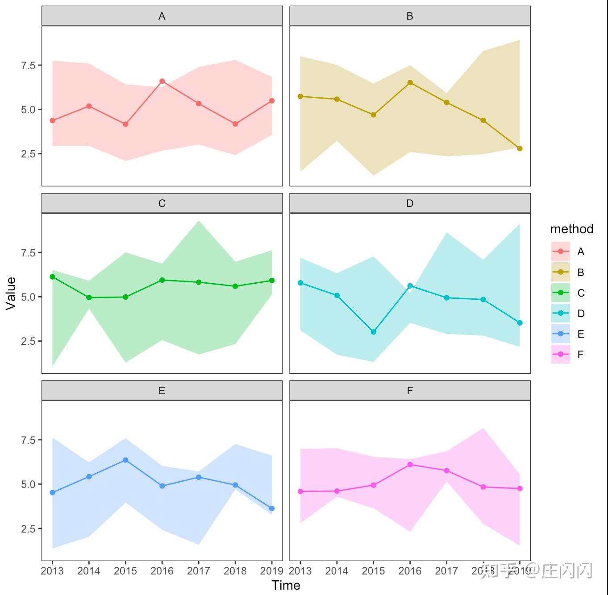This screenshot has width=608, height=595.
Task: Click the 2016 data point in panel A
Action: coord(162,81)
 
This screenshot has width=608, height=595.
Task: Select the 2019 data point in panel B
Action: coord(520,149)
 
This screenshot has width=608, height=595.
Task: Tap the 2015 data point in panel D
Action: coord(374,332)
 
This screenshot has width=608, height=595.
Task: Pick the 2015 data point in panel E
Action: coord(125,460)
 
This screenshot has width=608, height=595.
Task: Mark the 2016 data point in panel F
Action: coord(410,464)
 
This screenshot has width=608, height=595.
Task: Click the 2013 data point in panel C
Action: coord(52,277)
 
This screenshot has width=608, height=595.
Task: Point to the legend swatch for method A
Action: coord(561,252)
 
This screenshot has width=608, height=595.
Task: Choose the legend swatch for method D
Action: coord(561,314)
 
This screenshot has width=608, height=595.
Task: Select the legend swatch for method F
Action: coord(561,355)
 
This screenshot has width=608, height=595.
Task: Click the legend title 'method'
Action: coord(571,229)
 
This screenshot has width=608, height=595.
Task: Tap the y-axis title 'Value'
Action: coord(11,293)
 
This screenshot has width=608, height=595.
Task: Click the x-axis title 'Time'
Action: coord(286,585)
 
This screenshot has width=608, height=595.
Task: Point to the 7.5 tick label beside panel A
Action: coord(28,66)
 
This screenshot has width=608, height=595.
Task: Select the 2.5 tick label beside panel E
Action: coord(28,529)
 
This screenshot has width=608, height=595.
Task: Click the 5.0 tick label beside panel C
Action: coord(28,297)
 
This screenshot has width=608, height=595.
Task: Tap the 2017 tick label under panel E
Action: coord(198,571)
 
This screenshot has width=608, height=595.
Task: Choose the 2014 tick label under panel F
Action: coord(337,571)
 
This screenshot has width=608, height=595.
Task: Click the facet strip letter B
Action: coord(410,17)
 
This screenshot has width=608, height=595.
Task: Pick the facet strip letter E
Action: coord(162,391)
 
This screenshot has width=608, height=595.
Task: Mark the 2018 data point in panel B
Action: coord(483,120)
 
